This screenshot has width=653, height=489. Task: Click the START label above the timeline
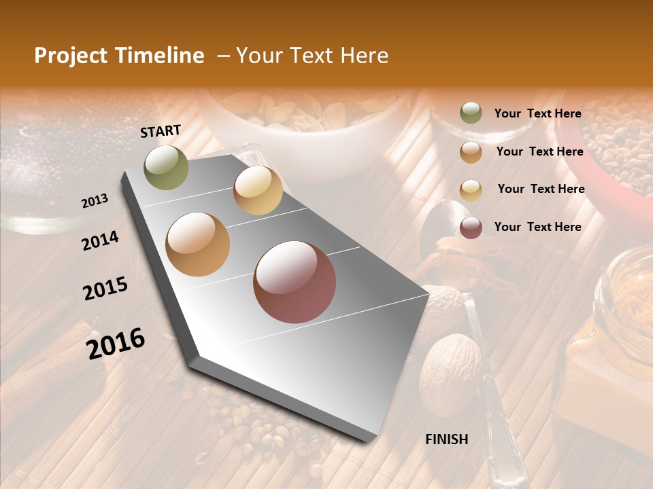[161, 131]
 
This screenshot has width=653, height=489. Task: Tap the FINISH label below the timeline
[447, 439]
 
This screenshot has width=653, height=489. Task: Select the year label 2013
[95, 201]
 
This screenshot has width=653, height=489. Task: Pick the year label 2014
[100, 241]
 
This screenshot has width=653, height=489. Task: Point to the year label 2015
[105, 289]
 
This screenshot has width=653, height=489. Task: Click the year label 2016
[116, 343]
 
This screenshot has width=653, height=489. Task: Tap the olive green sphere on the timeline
[167, 167]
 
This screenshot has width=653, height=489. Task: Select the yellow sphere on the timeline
[258, 190]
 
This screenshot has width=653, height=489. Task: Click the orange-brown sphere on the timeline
[198, 244]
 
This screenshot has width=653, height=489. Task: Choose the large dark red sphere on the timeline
[295, 282]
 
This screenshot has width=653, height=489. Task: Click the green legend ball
[471, 113]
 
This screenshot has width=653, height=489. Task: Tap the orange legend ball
[471, 151]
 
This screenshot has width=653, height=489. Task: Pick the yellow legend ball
[471, 189]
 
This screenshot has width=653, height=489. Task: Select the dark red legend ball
[471, 227]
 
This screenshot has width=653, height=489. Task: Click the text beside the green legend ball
[537, 114]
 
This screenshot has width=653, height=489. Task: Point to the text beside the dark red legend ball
[537, 227]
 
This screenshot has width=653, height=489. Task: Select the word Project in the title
[70, 56]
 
